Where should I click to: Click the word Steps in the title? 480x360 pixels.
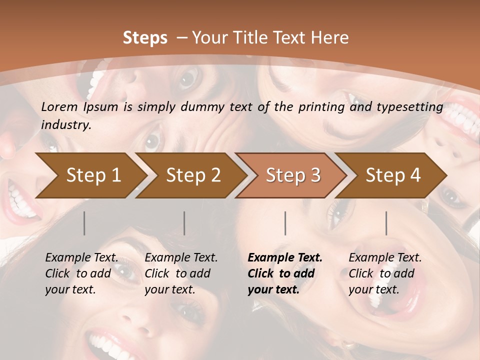pyautogui.click(x=145, y=38)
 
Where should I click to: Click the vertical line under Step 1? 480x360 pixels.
pyautogui.click(x=84, y=223)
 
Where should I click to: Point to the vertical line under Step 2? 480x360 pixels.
pyautogui.click(x=184, y=223)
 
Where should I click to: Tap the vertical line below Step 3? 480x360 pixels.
pyautogui.click(x=285, y=223)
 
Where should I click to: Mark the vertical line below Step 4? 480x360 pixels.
pyautogui.click(x=386, y=223)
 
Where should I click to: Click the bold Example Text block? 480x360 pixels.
pyautogui.click(x=285, y=273)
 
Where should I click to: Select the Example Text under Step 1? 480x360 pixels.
pyautogui.click(x=81, y=273)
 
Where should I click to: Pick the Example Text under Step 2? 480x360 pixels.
pyautogui.click(x=181, y=273)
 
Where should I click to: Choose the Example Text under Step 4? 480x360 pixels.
pyautogui.click(x=385, y=273)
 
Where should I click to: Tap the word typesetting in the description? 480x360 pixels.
pyautogui.click(x=413, y=107)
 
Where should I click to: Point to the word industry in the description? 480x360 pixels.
pyautogui.click(x=66, y=125)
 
